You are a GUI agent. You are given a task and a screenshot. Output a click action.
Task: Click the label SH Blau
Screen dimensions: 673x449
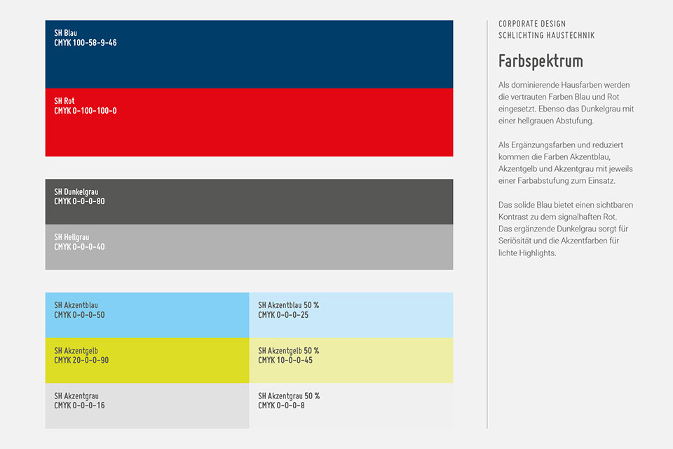(66, 33)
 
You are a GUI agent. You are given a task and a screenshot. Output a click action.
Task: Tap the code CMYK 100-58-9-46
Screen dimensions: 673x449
(86, 43)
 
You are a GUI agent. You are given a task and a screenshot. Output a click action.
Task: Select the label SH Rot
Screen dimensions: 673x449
(64, 101)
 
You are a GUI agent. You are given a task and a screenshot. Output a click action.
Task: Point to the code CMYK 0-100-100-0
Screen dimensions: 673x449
(86, 111)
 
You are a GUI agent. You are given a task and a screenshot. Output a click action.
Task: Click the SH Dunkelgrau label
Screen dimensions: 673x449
(76, 192)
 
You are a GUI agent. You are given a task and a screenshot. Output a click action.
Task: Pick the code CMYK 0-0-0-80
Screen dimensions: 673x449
(79, 201)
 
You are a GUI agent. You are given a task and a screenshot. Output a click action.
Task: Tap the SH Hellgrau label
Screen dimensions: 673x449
(72, 237)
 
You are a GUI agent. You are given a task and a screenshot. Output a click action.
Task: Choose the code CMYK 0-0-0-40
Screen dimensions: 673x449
(79, 247)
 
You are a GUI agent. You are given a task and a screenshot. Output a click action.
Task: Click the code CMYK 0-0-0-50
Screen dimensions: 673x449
(79, 315)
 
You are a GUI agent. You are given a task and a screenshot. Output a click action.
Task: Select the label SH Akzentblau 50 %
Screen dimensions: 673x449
(288, 305)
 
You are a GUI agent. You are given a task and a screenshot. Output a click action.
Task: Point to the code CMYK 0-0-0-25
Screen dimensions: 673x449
(283, 315)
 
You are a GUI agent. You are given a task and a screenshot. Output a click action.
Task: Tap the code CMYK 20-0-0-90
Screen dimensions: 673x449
(81, 360)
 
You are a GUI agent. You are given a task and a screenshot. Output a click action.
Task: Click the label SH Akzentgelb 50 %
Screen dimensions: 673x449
(288, 351)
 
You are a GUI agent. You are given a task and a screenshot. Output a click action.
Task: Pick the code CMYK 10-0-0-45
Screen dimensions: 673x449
(285, 360)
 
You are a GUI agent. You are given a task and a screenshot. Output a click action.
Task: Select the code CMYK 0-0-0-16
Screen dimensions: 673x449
(79, 406)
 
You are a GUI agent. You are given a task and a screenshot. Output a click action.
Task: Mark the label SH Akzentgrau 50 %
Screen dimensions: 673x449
(289, 396)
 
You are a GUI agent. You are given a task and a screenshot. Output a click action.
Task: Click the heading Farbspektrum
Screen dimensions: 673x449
(541, 61)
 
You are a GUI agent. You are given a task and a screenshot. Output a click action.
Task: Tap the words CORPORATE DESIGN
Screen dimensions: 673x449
(532, 24)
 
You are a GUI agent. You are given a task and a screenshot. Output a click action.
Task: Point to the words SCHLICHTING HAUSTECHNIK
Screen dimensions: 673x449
(546, 36)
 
